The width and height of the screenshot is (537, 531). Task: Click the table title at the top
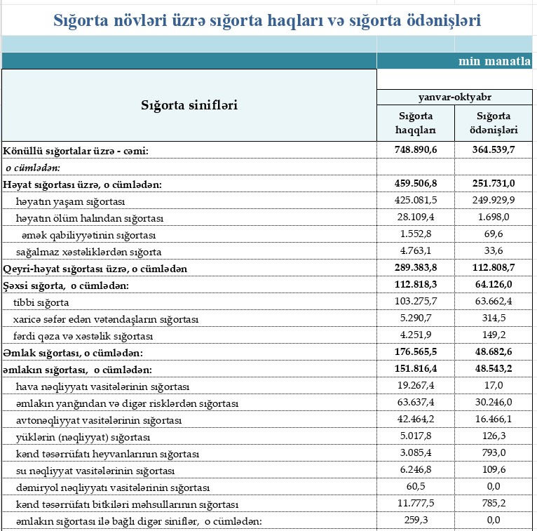pyautogui.click(x=267, y=20)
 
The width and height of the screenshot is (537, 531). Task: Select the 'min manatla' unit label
pyautogui.click(x=494, y=61)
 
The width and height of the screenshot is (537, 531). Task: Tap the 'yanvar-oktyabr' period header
pyautogui.click(x=456, y=97)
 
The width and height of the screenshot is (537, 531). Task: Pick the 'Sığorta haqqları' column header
pyautogui.click(x=416, y=123)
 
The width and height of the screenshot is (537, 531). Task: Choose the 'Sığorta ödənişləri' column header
pyautogui.click(x=494, y=123)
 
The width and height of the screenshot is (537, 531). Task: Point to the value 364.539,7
pyautogui.click(x=494, y=150)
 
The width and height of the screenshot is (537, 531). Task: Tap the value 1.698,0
pyautogui.click(x=494, y=218)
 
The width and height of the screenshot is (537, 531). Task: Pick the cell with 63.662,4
pyautogui.click(x=494, y=302)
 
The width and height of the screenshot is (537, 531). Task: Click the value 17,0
pyautogui.click(x=494, y=387)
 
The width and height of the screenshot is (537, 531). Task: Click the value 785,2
pyautogui.click(x=494, y=504)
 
